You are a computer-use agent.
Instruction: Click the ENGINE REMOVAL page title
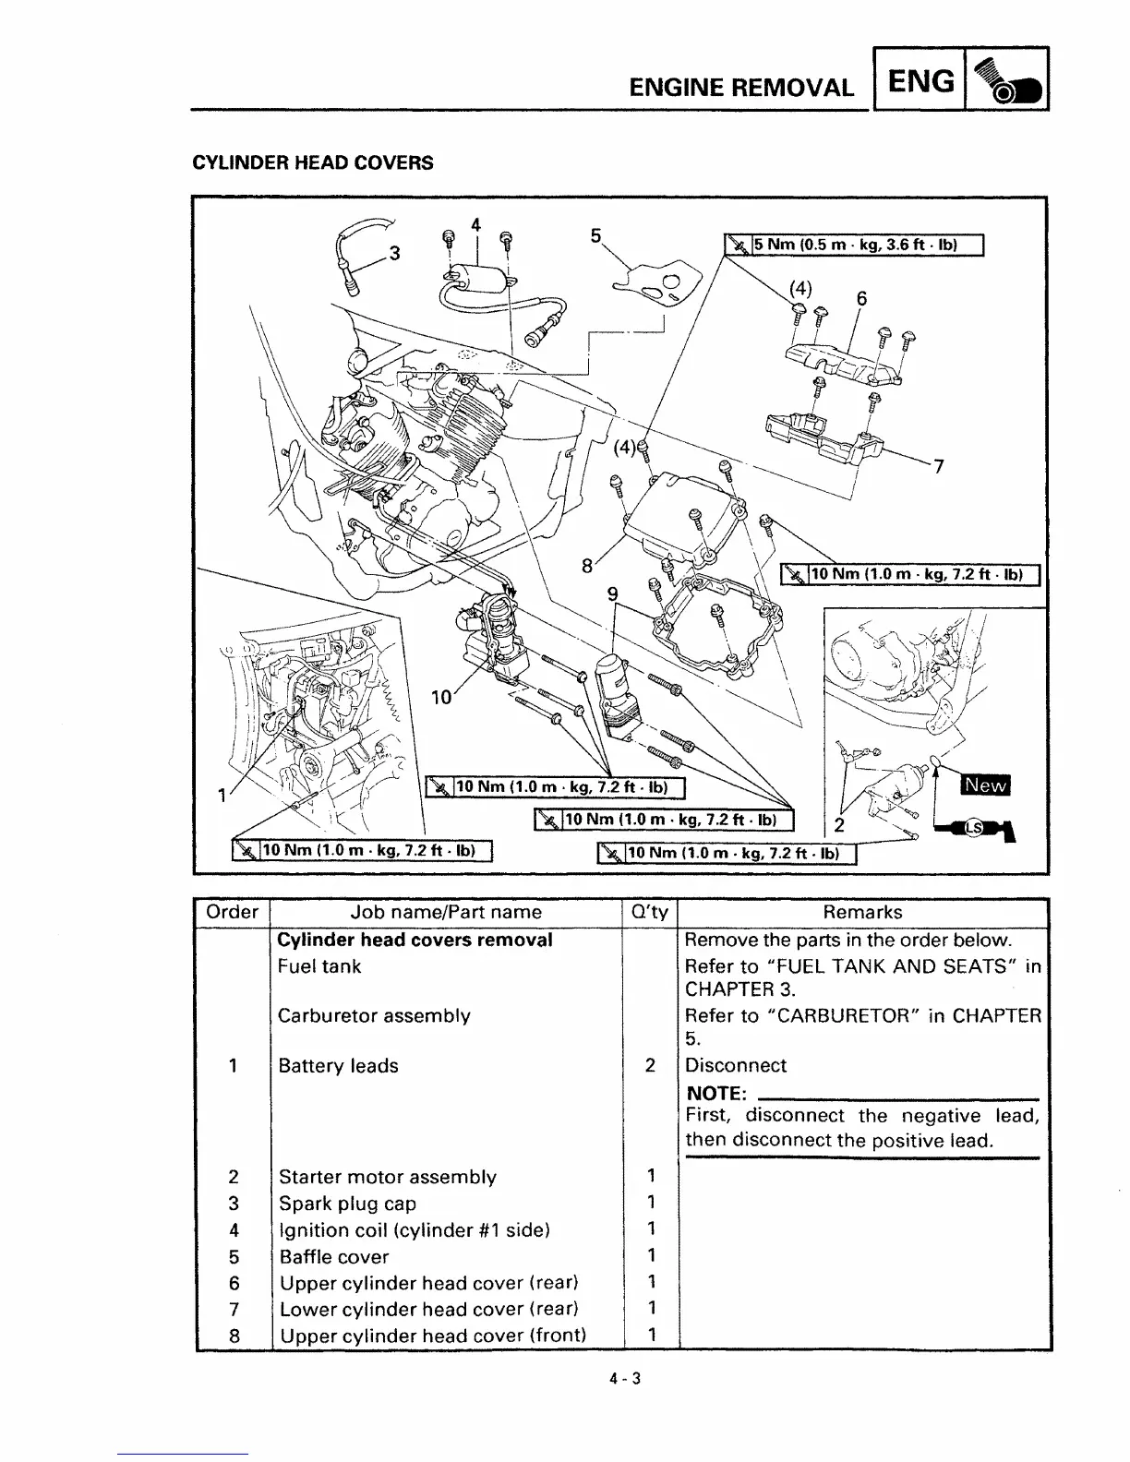pos(740,88)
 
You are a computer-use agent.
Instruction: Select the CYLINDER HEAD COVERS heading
pos(312,163)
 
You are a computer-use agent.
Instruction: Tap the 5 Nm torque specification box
pos(855,245)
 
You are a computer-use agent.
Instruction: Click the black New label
pos(986,785)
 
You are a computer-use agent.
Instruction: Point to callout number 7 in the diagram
pos(938,466)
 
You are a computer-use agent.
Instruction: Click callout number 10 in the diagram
pos(441,697)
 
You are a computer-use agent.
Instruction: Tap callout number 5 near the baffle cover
pos(596,234)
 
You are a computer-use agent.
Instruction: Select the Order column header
pos(232,912)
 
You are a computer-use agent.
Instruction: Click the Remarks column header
pos(862,912)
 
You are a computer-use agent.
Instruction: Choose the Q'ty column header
pos(649,912)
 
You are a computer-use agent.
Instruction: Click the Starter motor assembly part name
pos(387,1177)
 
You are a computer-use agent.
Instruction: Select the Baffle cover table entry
pos(333,1256)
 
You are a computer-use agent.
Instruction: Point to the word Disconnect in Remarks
pos(735,1065)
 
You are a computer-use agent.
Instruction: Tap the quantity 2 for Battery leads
pos(650,1065)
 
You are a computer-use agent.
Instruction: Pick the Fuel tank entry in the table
pos(319,966)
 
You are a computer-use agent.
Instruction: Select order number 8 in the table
pos(234,1335)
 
